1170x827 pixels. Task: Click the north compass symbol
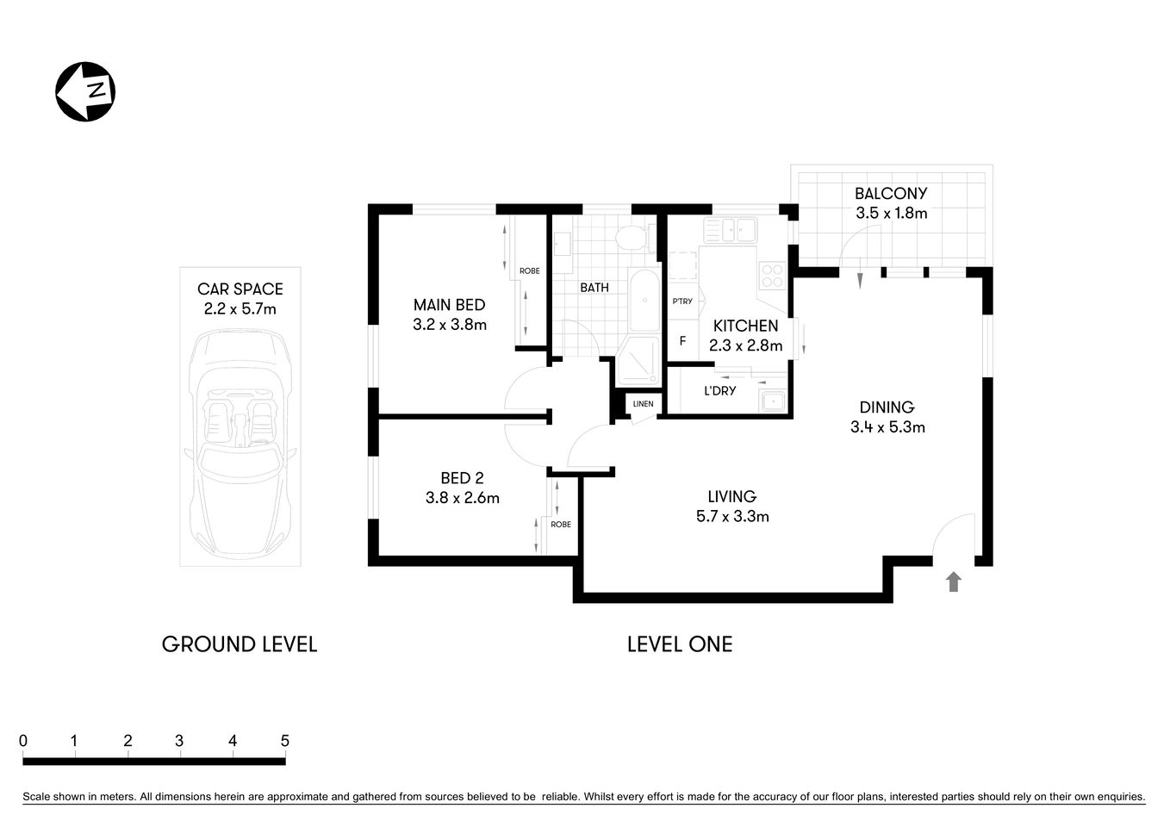(x=85, y=91)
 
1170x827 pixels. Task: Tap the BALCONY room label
(x=891, y=194)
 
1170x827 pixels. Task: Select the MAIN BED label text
(x=449, y=305)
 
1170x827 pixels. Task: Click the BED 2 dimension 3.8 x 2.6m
(x=462, y=498)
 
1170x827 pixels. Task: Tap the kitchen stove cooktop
(x=771, y=275)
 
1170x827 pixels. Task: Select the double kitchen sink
(x=730, y=229)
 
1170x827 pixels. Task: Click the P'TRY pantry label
(x=681, y=302)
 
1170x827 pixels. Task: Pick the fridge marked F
(x=682, y=341)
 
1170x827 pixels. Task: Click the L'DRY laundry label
(x=719, y=391)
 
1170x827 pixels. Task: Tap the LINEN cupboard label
(x=643, y=404)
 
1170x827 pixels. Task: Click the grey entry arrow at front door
(x=953, y=582)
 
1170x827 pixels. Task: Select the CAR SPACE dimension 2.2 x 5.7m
(x=240, y=309)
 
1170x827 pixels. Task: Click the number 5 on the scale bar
(x=284, y=741)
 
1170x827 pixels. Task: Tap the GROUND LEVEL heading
(x=240, y=644)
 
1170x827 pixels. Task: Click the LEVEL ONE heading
(x=679, y=644)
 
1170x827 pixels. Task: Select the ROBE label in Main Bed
(x=529, y=271)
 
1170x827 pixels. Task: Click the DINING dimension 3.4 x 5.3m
(x=887, y=427)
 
